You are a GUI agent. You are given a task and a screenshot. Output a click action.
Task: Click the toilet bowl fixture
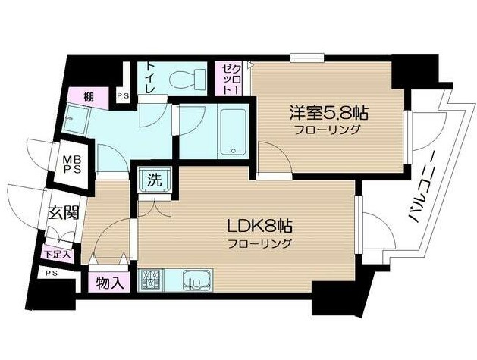point(188,79)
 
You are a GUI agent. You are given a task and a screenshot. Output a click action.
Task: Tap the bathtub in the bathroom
point(233,133)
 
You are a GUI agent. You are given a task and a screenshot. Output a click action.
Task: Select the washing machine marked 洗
point(155,180)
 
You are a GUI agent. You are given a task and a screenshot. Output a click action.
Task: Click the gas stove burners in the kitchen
point(151,280)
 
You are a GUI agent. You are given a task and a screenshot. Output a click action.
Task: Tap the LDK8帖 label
point(260,226)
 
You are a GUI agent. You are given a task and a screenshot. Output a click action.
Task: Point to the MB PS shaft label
point(72,164)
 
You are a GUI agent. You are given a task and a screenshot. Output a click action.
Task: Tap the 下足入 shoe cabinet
point(58,254)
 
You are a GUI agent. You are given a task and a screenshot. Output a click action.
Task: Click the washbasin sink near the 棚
point(75,119)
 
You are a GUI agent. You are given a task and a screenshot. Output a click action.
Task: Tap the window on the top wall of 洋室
point(307,58)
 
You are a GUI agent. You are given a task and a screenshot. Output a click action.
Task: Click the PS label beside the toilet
point(123,95)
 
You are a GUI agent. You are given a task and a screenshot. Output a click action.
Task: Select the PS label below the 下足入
point(52,274)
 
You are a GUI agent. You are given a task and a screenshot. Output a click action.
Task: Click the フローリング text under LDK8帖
point(260,243)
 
